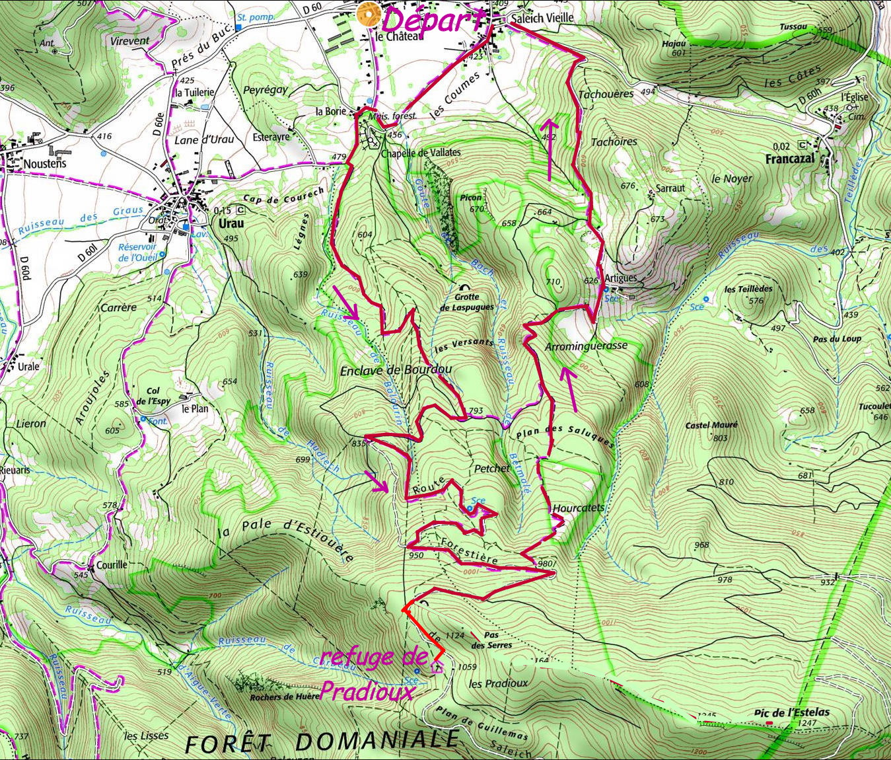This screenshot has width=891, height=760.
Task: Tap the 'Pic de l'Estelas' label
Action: [x=791, y=713]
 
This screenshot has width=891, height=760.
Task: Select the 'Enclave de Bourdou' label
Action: [x=396, y=370]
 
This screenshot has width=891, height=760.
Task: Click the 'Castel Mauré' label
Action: [x=711, y=425]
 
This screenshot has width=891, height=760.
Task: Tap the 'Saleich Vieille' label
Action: [x=542, y=19]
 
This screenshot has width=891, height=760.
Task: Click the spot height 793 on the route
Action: [x=476, y=412]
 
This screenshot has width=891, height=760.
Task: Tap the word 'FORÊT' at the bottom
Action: [x=227, y=743]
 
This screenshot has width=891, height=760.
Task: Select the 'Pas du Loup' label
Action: [x=837, y=339]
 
